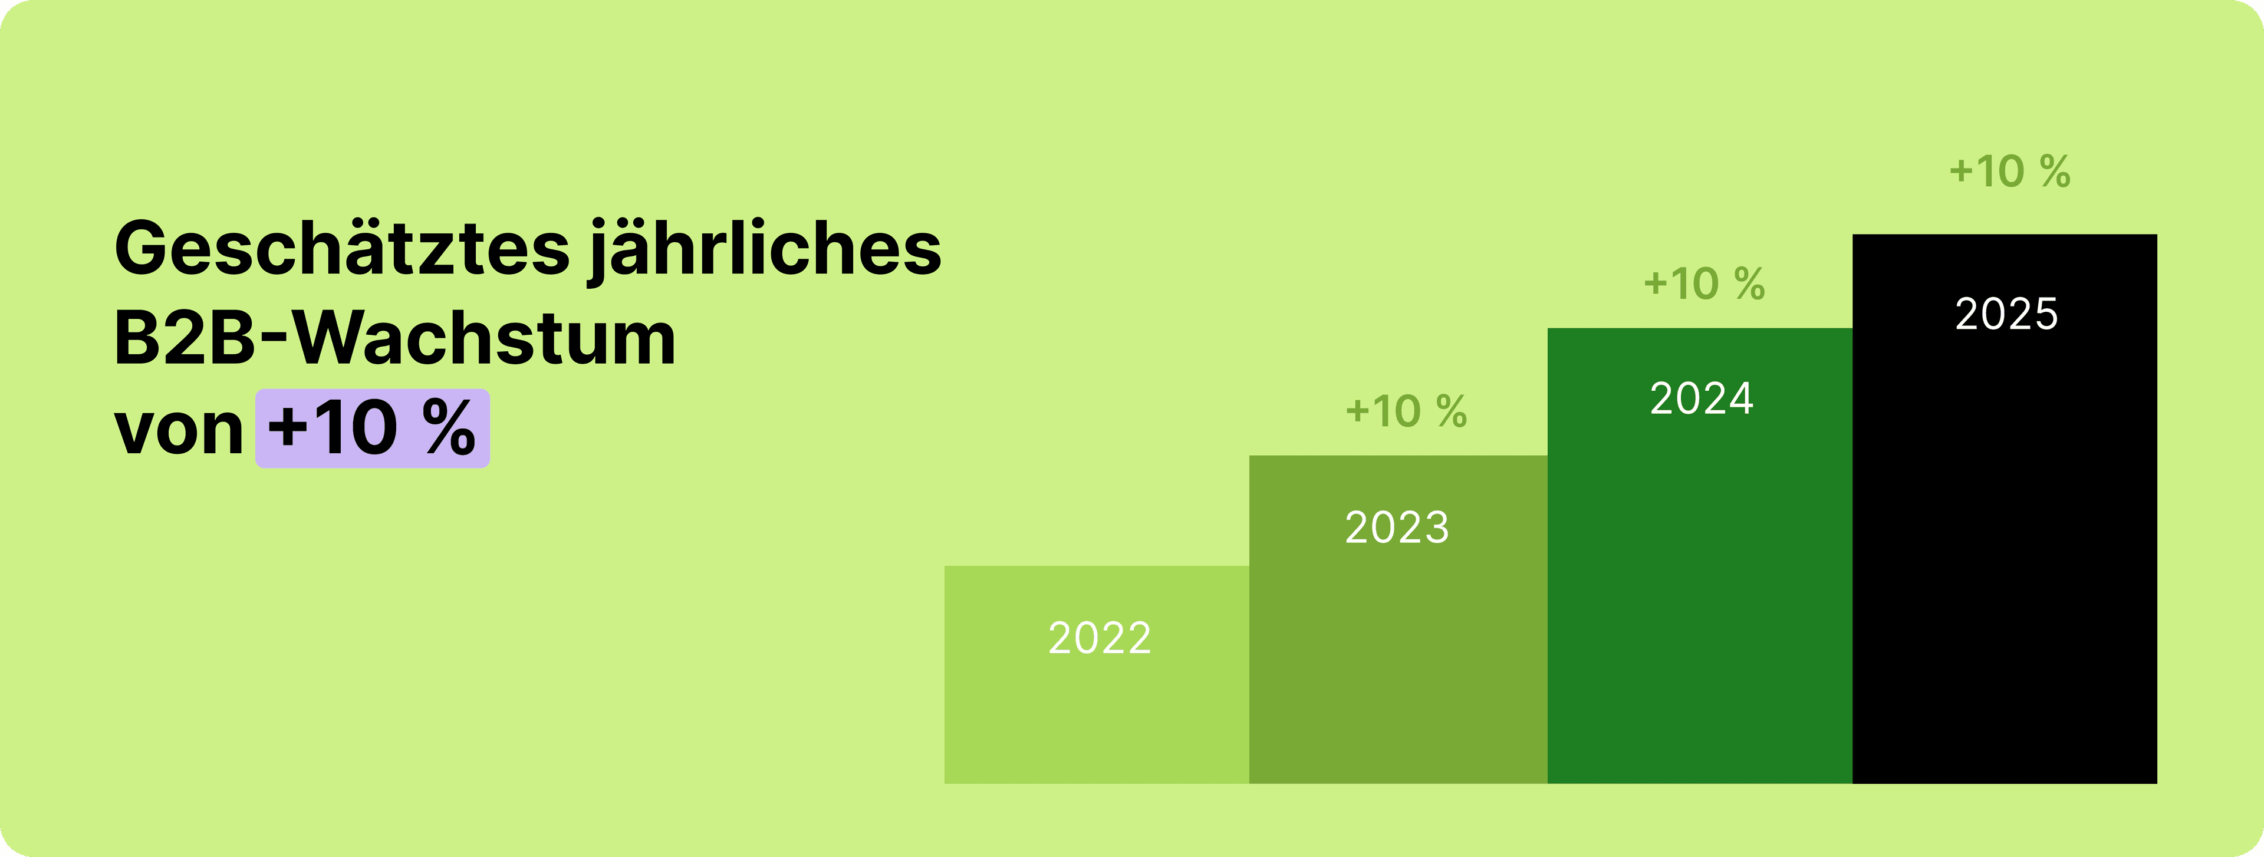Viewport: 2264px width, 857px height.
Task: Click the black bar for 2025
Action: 2004,545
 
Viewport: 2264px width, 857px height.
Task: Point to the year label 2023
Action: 1397,528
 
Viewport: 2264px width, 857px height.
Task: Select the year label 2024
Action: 1702,399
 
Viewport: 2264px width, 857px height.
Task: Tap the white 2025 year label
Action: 2006,314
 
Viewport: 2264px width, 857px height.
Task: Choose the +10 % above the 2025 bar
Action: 2010,172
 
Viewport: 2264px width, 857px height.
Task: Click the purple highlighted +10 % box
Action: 373,428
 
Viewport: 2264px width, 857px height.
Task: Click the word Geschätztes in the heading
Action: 342,249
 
